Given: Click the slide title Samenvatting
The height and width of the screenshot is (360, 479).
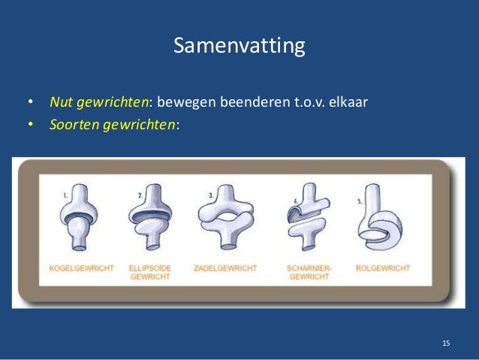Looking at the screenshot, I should tap(239, 47).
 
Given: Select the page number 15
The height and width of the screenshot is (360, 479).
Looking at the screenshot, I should tap(446, 343).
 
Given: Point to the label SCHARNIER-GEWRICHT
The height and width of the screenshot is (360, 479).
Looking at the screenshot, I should tap(305, 272).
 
